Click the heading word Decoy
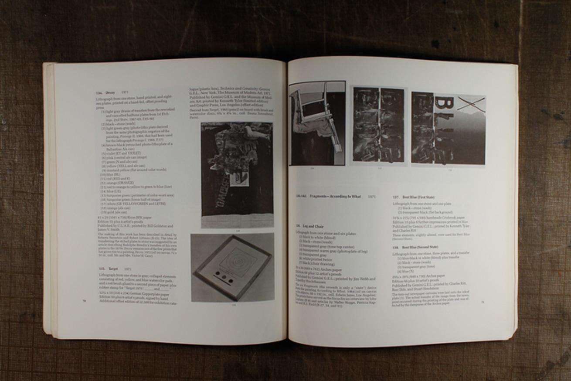tap(110, 92)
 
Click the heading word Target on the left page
tap(113, 269)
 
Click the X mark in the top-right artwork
tap(471, 104)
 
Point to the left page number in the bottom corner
tap(84, 300)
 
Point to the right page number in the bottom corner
tap(483, 302)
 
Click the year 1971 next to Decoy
tap(125, 92)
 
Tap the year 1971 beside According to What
tap(372, 197)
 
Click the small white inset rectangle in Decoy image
tap(239, 178)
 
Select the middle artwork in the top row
tap(378, 125)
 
